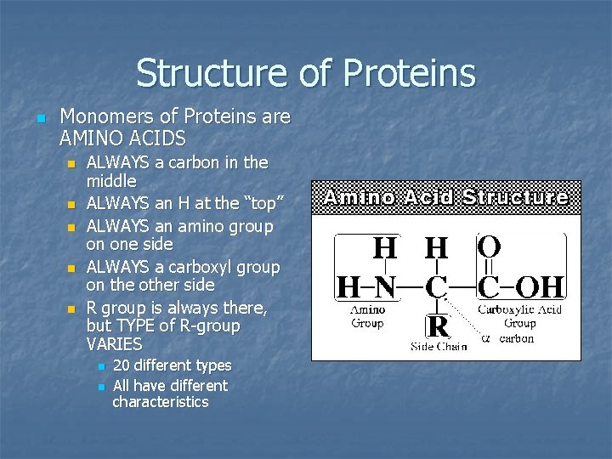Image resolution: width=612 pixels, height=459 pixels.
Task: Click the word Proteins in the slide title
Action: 409,73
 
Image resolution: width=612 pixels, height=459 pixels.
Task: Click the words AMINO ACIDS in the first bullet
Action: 123,137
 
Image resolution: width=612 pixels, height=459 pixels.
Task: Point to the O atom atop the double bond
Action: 490,247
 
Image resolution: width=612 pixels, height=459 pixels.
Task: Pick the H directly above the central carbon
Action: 437,248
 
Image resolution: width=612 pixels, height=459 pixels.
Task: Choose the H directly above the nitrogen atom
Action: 385,248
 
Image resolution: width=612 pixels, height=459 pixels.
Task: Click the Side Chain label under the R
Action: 439,346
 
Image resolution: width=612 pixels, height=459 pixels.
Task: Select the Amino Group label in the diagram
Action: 367,316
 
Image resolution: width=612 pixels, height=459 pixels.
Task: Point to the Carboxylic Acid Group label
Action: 518,316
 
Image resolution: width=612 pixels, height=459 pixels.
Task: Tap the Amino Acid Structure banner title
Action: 446,197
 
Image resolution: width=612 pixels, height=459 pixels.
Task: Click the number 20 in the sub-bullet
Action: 122,365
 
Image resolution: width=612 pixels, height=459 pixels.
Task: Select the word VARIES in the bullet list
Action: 114,344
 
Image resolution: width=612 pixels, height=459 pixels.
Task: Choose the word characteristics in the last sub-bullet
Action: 161,402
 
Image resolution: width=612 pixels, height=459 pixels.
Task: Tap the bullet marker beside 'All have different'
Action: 101,387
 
